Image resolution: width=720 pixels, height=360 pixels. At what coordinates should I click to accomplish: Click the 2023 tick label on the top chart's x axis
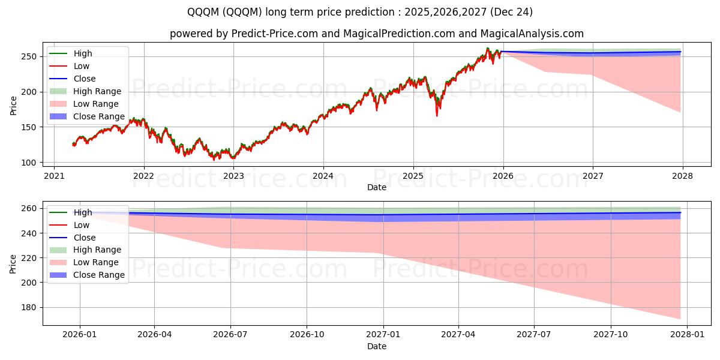pyautogui.click(x=233, y=176)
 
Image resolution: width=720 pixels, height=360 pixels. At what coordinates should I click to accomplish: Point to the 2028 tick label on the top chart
pyautogui.click(x=682, y=176)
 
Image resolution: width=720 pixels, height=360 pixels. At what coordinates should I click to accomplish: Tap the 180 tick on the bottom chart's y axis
pyautogui.click(x=28, y=307)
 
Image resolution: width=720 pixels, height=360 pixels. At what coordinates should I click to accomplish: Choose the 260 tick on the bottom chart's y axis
pyautogui.click(x=28, y=209)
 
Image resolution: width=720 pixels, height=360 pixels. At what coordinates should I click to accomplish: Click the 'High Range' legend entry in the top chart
pyautogui.click(x=97, y=91)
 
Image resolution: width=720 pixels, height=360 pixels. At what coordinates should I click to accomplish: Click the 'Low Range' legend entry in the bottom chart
pyautogui.click(x=95, y=262)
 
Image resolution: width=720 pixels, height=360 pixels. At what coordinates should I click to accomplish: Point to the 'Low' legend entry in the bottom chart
pyautogui.click(x=81, y=225)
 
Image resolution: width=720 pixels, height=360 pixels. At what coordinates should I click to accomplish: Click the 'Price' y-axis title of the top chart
pyautogui.click(x=13, y=106)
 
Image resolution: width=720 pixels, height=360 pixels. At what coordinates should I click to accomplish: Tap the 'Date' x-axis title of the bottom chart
pyautogui.click(x=376, y=346)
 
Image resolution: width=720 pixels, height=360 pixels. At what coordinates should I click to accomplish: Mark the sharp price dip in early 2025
pyautogui.click(x=437, y=114)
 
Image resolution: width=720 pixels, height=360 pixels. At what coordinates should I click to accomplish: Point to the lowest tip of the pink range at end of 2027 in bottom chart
pyautogui.click(x=680, y=319)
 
